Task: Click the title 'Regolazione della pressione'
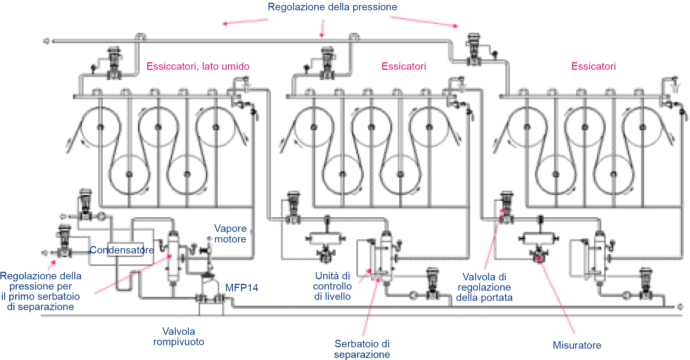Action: pyautogui.click(x=332, y=7)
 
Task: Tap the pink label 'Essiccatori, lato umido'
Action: pyautogui.click(x=198, y=66)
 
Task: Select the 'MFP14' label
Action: pyautogui.click(x=241, y=288)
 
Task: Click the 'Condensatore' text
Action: pyautogui.click(x=122, y=250)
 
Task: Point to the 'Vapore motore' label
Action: pyautogui.click(x=230, y=234)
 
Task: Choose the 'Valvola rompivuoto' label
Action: pyautogui.click(x=178, y=337)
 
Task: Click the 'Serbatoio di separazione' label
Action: pyautogui.click(x=362, y=349)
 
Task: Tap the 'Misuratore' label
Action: pyautogui.click(x=577, y=345)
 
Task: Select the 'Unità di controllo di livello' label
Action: pyautogui.click(x=332, y=286)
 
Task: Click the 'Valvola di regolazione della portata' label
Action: pyautogui.click(x=484, y=287)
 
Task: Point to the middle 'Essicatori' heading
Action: pyautogui.click(x=404, y=66)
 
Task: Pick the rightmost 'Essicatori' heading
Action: pyautogui.click(x=593, y=66)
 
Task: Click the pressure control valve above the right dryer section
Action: pyautogui.click(x=474, y=50)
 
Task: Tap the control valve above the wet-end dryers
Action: pyautogui.click(x=114, y=64)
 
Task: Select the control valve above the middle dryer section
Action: pyautogui.click(x=327, y=64)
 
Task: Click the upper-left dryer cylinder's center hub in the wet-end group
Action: pyautogui.click(x=101, y=127)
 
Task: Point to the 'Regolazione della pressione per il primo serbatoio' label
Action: pyautogui.click(x=41, y=291)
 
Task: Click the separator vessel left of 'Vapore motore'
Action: pyautogui.click(x=173, y=257)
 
